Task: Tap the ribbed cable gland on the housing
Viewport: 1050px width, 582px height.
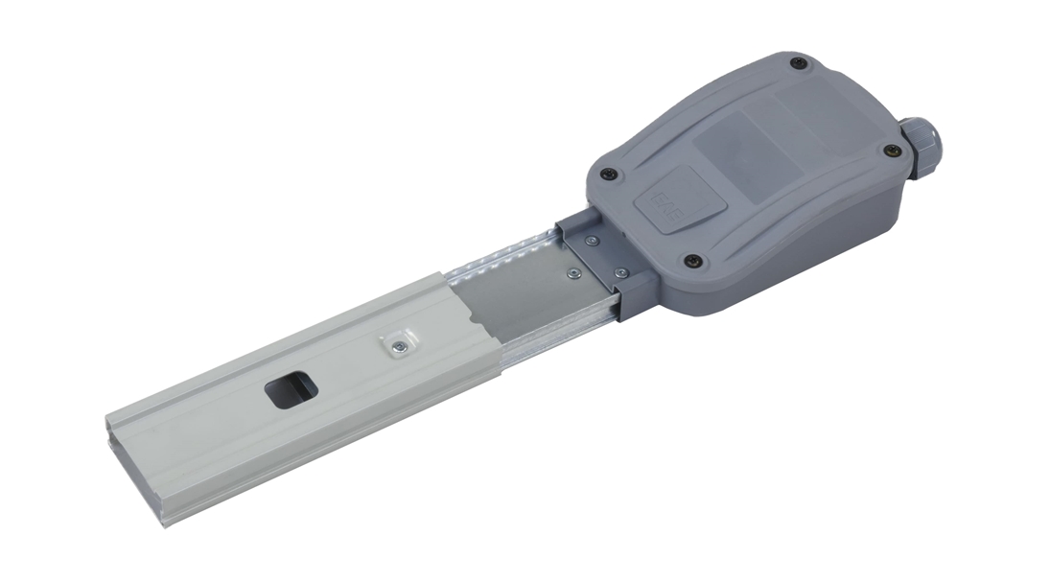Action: [921, 149]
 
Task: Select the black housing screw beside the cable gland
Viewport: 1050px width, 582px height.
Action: [892, 150]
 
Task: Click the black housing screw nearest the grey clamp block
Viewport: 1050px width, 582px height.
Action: [692, 261]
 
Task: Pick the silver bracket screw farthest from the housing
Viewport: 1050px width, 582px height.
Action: [572, 273]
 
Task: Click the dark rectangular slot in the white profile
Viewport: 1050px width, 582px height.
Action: [288, 390]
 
